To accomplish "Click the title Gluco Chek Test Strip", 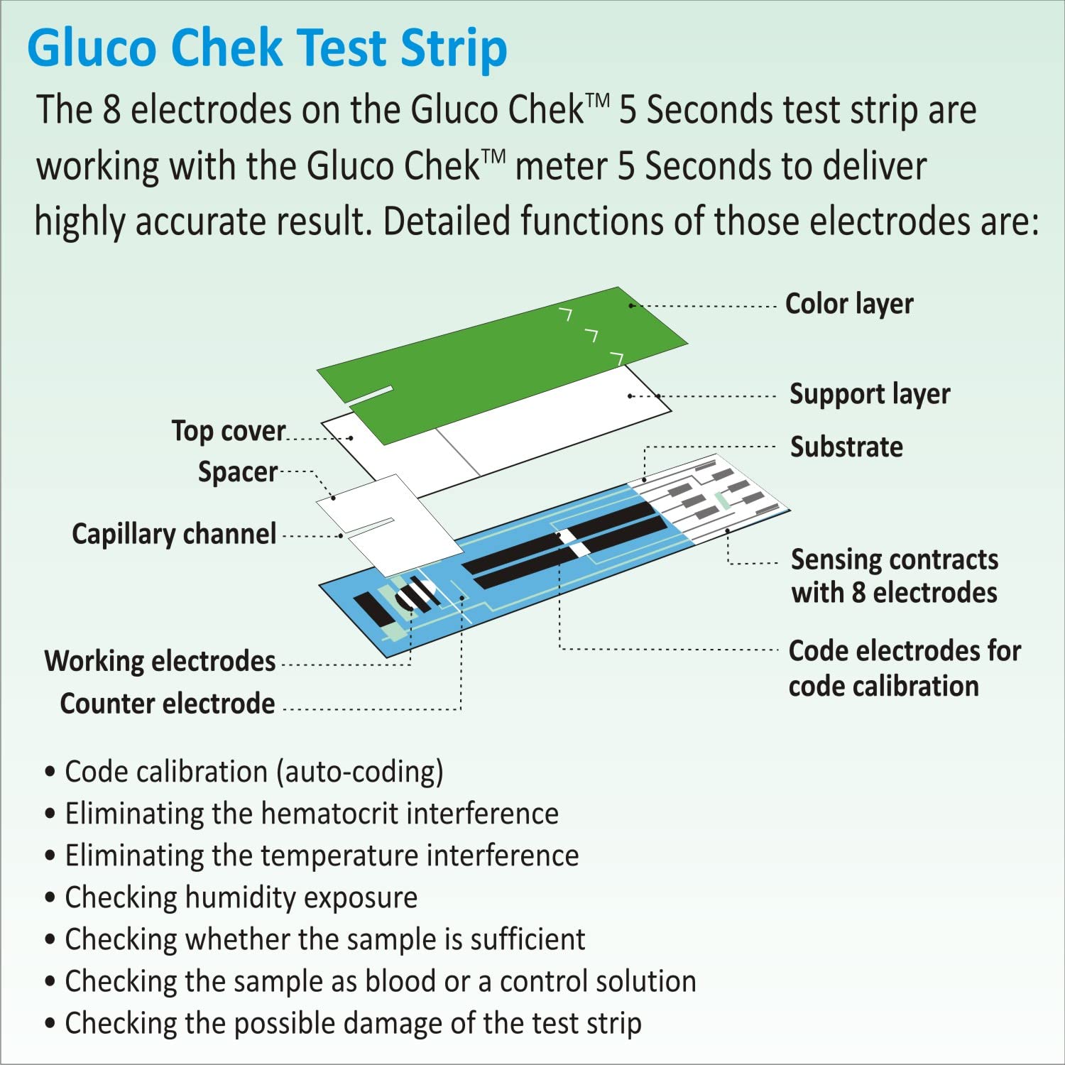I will point(267,48).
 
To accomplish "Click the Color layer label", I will point(849,304).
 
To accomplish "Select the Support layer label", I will point(870,394).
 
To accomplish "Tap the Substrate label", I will point(846,447).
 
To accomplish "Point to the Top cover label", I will point(229,431).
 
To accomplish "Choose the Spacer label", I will point(238,472).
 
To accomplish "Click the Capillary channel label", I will point(174,534).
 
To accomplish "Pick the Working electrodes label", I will point(160,661).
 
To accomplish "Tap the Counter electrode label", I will point(168,704).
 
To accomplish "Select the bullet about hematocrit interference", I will point(312,814).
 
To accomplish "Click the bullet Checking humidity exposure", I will point(241,897).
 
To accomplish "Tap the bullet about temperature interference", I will point(322,856).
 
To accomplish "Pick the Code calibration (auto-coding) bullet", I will point(253,772).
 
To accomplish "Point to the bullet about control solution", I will point(380,981).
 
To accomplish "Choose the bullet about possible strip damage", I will point(353,1023).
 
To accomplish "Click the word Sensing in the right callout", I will point(832,559).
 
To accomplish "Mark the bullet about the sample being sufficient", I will point(324,939).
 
